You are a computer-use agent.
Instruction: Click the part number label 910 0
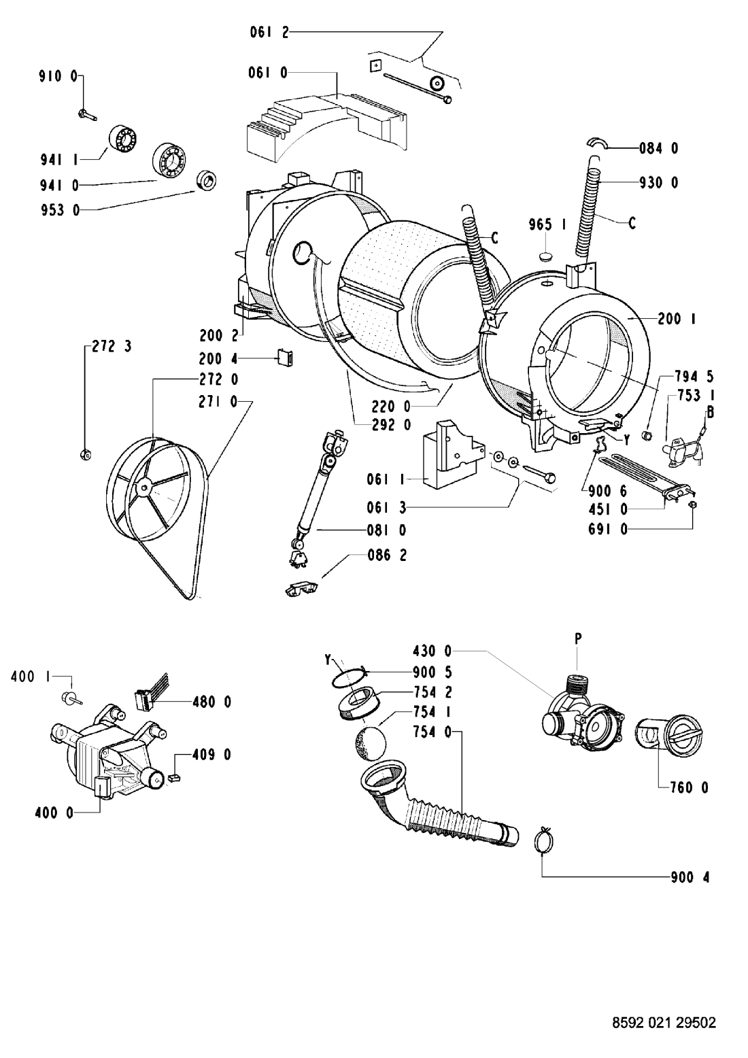(58, 76)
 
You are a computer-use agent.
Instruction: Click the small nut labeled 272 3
(85, 454)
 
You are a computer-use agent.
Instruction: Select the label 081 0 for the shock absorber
(387, 530)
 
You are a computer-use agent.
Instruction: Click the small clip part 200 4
(285, 357)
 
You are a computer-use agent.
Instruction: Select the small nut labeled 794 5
(648, 434)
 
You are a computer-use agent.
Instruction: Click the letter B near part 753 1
(709, 412)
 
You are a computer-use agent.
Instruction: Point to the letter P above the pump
(578, 638)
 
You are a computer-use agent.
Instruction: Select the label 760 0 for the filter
(690, 787)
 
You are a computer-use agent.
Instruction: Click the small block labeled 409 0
(173, 776)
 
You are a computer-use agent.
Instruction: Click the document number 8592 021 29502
(664, 1019)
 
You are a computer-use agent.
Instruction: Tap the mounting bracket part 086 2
(301, 589)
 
